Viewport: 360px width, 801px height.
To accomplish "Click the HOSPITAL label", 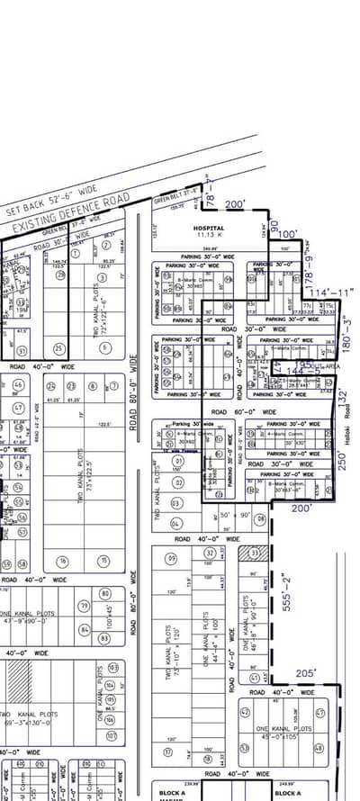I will click(x=209, y=229).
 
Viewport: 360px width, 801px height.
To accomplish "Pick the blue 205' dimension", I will click(x=307, y=673).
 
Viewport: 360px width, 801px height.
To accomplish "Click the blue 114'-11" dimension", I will click(x=331, y=292).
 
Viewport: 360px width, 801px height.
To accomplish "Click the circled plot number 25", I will click(x=60, y=348).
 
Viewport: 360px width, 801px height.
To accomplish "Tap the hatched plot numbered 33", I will click(x=255, y=553).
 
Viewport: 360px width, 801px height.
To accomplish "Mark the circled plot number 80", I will click(x=105, y=593).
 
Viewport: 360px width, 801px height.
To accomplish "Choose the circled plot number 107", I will click(x=112, y=735).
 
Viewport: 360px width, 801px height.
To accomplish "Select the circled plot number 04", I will click(x=175, y=523).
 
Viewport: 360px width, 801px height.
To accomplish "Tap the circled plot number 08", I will click(x=259, y=519).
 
